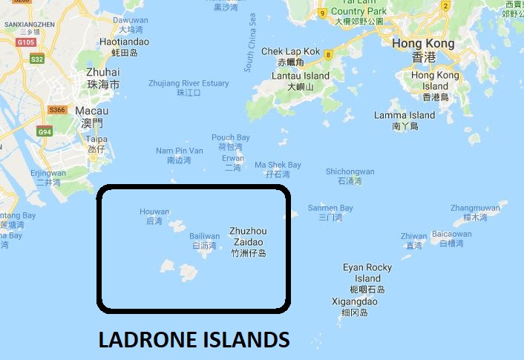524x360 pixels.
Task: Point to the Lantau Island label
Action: tap(301, 76)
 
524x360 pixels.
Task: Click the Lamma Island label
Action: tap(405, 115)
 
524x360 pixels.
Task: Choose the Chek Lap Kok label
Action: tap(290, 52)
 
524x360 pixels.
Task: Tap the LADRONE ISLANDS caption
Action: tap(194, 340)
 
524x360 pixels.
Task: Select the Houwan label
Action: tap(154, 212)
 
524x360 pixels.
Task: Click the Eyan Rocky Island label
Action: tap(367, 272)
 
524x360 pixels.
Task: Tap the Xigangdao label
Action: tap(355, 302)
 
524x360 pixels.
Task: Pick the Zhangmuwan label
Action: tap(476, 208)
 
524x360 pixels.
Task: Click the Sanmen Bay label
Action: tap(330, 208)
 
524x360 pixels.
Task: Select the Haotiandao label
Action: tap(124, 42)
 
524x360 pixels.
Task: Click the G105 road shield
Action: tap(24, 42)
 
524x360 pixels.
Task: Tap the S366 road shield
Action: tap(57, 111)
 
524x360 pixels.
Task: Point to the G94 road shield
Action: tap(45, 132)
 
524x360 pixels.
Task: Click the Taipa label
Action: tap(97, 139)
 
